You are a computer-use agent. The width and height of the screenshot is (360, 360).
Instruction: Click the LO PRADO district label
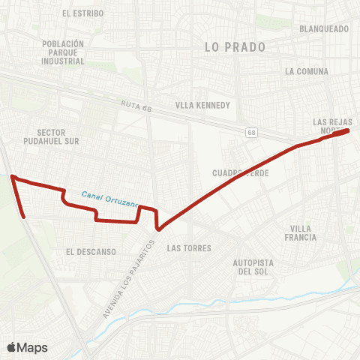point(235,46)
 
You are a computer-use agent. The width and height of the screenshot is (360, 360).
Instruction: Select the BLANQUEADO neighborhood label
point(324,28)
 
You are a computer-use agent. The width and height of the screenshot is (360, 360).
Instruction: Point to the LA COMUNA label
point(307,72)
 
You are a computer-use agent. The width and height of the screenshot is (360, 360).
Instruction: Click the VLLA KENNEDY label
point(202,105)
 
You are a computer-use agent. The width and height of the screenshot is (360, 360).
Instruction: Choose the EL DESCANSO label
point(91,252)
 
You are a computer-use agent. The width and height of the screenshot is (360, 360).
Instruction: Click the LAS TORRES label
point(189,247)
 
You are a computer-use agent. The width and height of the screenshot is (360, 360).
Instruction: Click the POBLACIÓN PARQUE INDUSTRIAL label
point(64,52)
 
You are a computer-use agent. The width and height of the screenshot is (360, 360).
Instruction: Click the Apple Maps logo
point(27,347)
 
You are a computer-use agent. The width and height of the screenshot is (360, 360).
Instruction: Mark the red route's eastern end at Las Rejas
point(349,130)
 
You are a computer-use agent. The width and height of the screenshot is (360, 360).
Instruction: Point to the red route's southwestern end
point(25,217)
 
